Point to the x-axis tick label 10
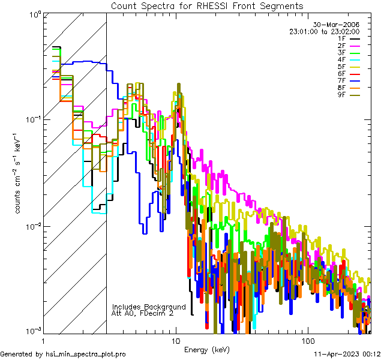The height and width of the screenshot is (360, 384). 176,340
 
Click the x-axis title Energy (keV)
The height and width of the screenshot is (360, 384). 207,349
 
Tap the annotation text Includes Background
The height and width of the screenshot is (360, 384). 149,307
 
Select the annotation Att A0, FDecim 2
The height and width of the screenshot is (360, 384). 143,313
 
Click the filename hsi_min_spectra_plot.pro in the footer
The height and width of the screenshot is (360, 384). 86,354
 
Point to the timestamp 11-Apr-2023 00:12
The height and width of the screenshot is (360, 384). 349,354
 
